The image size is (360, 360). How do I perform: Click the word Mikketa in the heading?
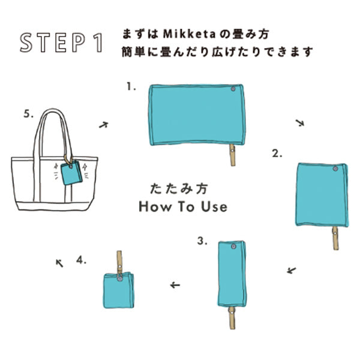pyautogui.click(x=190, y=34)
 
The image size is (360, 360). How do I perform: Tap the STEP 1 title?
pyautogui.click(x=61, y=43)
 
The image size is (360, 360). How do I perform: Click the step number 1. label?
pyautogui.click(x=131, y=87)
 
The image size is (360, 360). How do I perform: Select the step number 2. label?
pyautogui.click(x=277, y=154)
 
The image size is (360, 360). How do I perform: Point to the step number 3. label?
pyautogui.click(x=202, y=241)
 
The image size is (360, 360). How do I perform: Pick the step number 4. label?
pyautogui.click(x=81, y=260)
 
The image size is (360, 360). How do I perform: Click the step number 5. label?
pyautogui.click(x=28, y=114)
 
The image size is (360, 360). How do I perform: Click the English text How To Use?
pyautogui.click(x=183, y=206)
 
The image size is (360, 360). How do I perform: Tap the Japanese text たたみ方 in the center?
pyautogui.click(x=179, y=189)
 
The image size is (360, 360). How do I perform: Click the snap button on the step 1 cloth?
pyautogui.click(x=233, y=89)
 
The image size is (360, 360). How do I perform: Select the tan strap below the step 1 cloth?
pyautogui.click(x=233, y=155)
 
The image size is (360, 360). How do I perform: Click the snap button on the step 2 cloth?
pyautogui.click(x=335, y=169)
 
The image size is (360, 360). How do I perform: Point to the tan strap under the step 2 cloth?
pyautogui.click(x=335, y=238)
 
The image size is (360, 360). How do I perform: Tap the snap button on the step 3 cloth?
pyautogui.click(x=234, y=247)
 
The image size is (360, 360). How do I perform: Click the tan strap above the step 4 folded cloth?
pyautogui.click(x=119, y=262)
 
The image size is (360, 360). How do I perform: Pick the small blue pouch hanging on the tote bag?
pyautogui.click(x=71, y=172)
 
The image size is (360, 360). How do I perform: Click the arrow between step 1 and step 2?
pyautogui.click(x=300, y=123)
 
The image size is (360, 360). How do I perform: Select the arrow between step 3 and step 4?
pyautogui.click(x=175, y=285)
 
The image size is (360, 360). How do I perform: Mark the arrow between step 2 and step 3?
pyautogui.click(x=292, y=271)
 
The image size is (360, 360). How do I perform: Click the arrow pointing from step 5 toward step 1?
pyautogui.click(x=104, y=125)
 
